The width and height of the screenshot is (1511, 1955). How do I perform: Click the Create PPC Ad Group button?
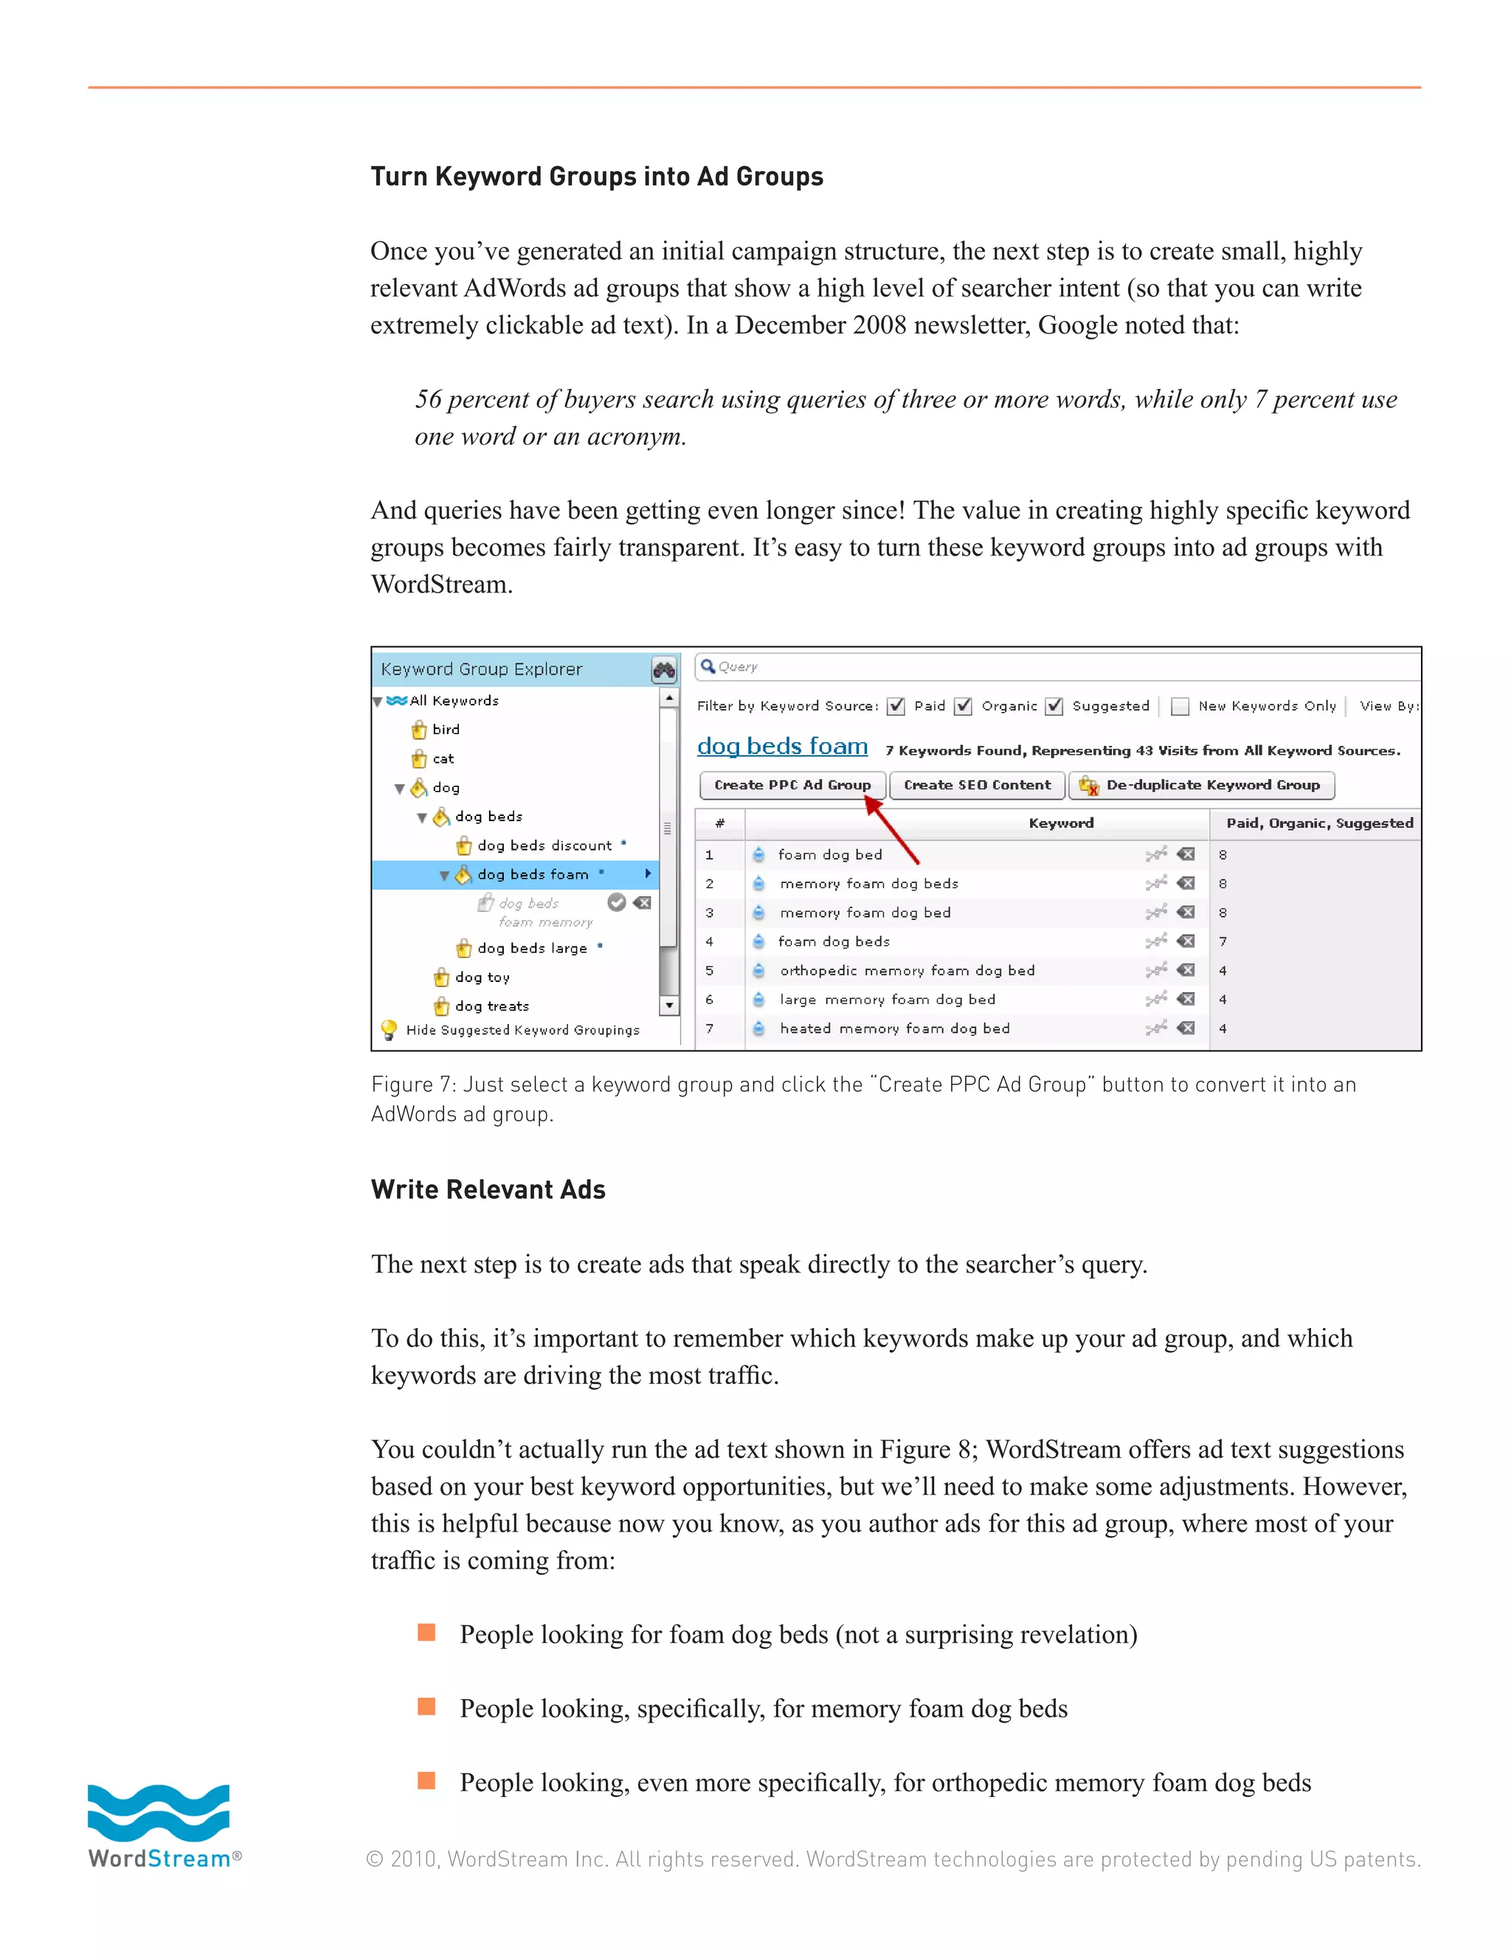[x=792, y=785]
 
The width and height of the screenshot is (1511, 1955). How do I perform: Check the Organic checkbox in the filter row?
[x=963, y=706]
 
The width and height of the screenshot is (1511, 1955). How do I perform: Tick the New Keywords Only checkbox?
[x=1180, y=706]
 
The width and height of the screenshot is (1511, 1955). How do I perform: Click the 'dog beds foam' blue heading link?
[x=781, y=746]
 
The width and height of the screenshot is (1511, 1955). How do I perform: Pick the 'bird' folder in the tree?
[x=445, y=730]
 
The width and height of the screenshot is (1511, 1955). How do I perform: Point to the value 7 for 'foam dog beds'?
[x=1223, y=941]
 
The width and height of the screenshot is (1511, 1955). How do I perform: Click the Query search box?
[x=1057, y=667]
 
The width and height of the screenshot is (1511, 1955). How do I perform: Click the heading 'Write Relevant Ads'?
[x=488, y=1190]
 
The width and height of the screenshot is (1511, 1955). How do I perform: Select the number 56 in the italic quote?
[x=428, y=399]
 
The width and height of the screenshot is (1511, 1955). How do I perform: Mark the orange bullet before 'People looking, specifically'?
[x=426, y=1706]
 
